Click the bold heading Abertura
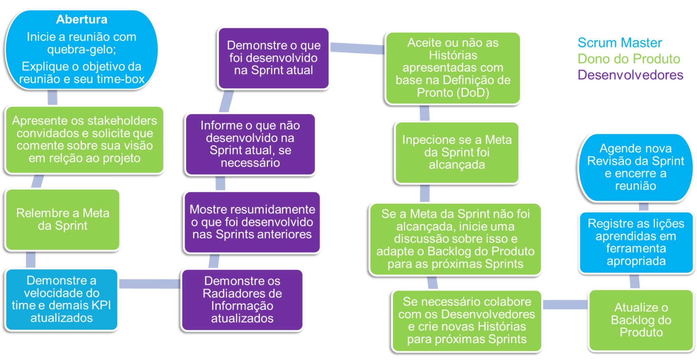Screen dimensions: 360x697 click(82, 20)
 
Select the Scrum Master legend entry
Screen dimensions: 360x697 click(620, 43)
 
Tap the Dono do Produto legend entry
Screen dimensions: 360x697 click(629, 59)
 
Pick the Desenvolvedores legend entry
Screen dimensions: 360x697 click(631, 75)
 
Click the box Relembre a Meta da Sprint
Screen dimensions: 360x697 click(63, 219)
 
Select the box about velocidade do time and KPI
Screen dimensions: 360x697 click(62, 299)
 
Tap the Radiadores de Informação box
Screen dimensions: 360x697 click(242, 299)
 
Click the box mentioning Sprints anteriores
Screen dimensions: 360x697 click(252, 221)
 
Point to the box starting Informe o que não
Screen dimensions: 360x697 click(250, 143)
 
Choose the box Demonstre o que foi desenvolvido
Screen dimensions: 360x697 click(273, 58)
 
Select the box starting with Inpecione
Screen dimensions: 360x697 click(457, 152)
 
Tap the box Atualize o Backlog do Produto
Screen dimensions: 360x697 click(641, 319)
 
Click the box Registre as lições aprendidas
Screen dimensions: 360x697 click(636, 242)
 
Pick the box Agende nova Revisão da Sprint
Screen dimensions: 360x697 click(635, 167)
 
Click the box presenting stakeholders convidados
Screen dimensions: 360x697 click(85, 139)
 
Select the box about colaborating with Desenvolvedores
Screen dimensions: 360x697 click(466, 320)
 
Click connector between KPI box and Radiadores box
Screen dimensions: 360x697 click(150, 284)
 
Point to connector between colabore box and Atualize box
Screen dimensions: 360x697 click(565, 304)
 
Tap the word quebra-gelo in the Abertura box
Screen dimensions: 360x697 click(82, 49)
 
